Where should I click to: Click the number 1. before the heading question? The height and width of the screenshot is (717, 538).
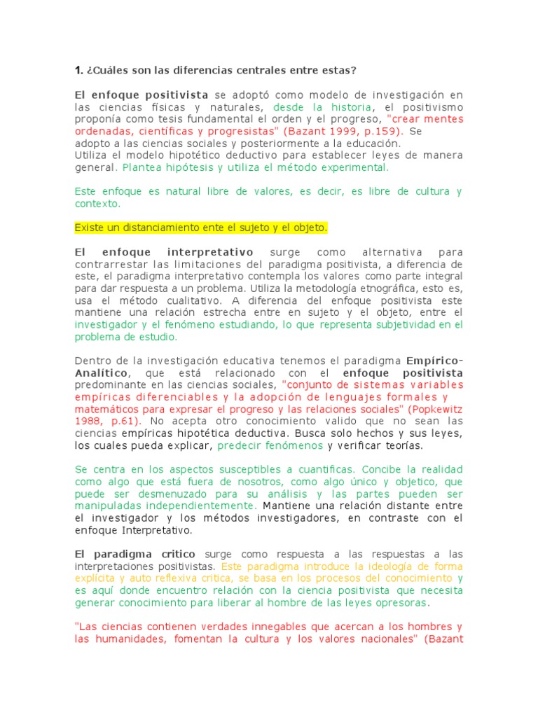point(78,70)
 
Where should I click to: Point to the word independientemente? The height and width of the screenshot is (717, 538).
point(198,505)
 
